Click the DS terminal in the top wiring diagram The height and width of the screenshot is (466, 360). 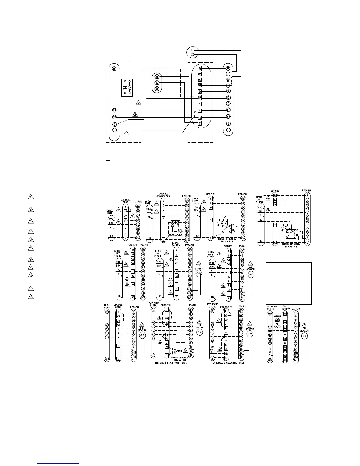pyautogui.click(x=200, y=98)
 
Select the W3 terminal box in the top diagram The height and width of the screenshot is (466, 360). pyautogui.click(x=200, y=74)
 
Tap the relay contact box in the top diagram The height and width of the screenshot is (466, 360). pyautogui.click(x=127, y=87)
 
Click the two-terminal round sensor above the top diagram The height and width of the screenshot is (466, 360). pyautogui.click(x=193, y=52)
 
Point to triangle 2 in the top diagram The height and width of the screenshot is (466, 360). pyautogui.click(x=139, y=103)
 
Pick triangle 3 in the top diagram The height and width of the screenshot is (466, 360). pyautogui.click(x=135, y=114)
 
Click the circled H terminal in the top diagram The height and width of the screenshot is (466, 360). pyautogui.click(x=228, y=74)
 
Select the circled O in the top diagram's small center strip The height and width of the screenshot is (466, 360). pyautogui.click(x=157, y=89)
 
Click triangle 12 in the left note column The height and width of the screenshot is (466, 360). pyautogui.click(x=31, y=297)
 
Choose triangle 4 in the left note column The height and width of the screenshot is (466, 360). pyautogui.click(x=31, y=231)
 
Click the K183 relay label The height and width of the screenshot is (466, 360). pyautogui.click(x=179, y=351)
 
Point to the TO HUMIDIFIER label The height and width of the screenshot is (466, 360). pyautogui.click(x=176, y=233)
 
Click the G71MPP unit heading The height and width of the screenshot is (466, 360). pyautogui.click(x=229, y=246)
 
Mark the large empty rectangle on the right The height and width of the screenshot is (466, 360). pyautogui.click(x=289, y=284)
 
